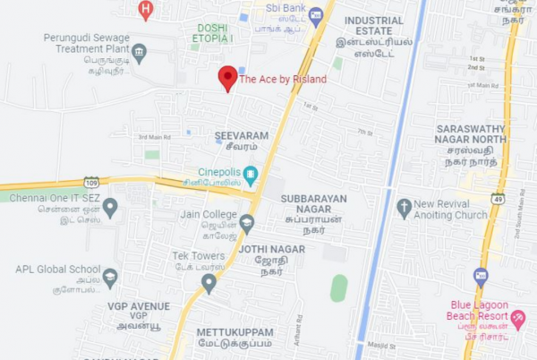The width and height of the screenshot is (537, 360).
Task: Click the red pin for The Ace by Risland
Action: pyautogui.click(x=227, y=78)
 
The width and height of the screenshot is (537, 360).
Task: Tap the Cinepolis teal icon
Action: pyautogui.click(x=251, y=174)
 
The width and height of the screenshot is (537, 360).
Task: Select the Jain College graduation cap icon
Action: pyautogui.click(x=247, y=221)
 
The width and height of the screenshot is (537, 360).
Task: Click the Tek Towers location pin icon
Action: pyautogui.click(x=209, y=283)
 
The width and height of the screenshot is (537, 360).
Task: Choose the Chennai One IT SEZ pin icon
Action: pyautogui.click(x=110, y=208)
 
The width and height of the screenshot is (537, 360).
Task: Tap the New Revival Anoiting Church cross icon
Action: pyautogui.click(x=404, y=208)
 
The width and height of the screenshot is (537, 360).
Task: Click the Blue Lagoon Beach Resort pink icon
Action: pyautogui.click(x=517, y=318)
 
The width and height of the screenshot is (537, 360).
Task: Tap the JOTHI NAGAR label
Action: pyautogui.click(x=271, y=248)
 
